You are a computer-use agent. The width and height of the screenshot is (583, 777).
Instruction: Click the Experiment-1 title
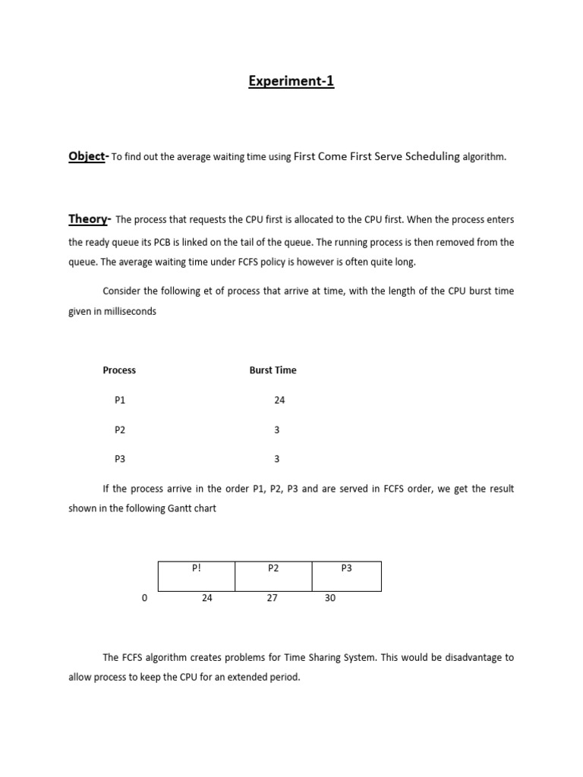pos(291,81)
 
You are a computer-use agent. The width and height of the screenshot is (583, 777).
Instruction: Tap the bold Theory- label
pos(90,219)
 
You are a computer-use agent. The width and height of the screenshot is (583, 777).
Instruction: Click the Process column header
pos(119,370)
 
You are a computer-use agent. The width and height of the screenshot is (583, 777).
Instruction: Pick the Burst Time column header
pos(273,370)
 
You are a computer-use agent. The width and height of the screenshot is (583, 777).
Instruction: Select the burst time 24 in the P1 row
pos(279,400)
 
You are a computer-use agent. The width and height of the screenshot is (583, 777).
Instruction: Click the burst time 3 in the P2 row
pos(277,429)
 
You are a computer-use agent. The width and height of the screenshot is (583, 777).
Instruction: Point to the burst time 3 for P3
pos(277,458)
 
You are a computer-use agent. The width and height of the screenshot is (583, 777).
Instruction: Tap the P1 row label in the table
pos(120,400)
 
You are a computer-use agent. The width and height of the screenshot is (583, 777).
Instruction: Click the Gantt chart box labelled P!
pos(196,576)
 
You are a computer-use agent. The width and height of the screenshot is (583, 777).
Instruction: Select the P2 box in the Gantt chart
pos(273,576)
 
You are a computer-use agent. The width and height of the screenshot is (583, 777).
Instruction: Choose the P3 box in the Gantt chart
pos(346,576)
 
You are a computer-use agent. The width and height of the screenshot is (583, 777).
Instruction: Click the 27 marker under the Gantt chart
pos(272,598)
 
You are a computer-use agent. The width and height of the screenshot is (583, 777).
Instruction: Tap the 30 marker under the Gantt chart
pos(329,598)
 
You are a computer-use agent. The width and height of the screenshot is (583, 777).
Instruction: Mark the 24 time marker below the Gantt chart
pos(207,598)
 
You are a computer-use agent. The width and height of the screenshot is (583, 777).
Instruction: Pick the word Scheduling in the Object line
pos(433,156)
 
